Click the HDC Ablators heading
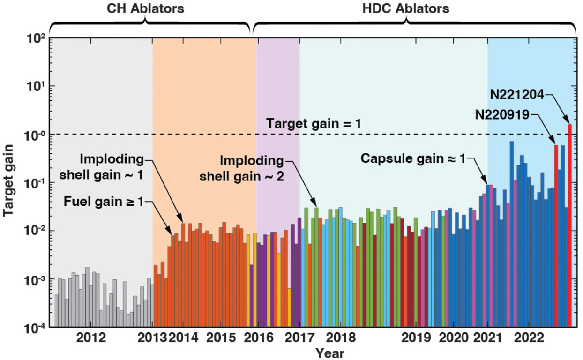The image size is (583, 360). click(406, 8)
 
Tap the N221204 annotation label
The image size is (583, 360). click(517, 94)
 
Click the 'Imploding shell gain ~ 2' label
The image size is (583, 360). click(253, 169)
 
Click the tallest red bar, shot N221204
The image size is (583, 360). click(570, 225)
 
